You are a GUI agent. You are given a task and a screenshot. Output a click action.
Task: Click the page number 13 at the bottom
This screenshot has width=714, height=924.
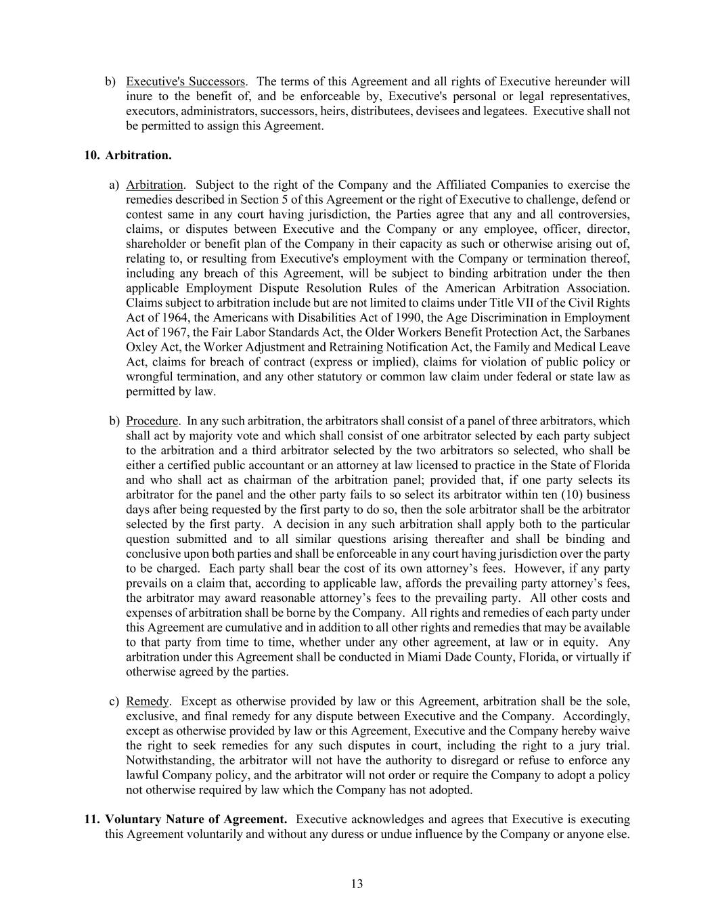pos(357,883)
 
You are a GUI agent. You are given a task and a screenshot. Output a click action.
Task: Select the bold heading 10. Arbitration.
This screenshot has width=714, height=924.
pos(128,155)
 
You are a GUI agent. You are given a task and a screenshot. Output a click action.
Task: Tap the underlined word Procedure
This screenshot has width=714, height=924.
pos(152,420)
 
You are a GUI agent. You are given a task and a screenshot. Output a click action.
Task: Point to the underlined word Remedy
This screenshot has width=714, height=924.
pos(147,701)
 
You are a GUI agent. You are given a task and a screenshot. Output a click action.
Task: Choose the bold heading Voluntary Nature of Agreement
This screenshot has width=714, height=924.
pos(196,819)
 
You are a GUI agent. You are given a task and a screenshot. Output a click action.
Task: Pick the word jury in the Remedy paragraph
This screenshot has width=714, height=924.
pos(596,746)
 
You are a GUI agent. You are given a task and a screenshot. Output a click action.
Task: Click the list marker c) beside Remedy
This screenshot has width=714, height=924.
pos(114,701)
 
